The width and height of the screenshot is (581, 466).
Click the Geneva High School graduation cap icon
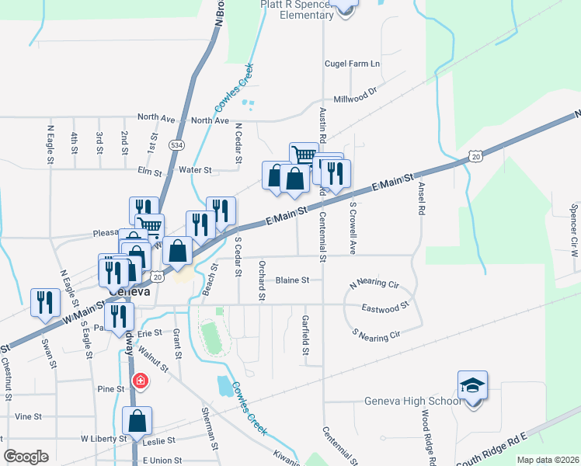(472, 386)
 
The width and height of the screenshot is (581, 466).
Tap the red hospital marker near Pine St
(141, 381)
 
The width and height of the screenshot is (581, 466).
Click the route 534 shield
(178, 144)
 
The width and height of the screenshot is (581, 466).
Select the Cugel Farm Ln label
(353, 64)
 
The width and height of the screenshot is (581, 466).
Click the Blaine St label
(292, 280)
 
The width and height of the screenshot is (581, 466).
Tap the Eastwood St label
(384, 308)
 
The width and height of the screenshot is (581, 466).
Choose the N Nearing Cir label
(374, 284)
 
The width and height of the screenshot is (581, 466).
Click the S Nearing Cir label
(376, 335)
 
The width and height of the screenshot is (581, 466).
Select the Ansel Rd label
(422, 199)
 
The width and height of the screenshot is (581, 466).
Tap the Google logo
(26, 457)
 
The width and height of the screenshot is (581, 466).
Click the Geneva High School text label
(412, 402)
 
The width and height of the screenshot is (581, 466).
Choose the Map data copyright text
(547, 460)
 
